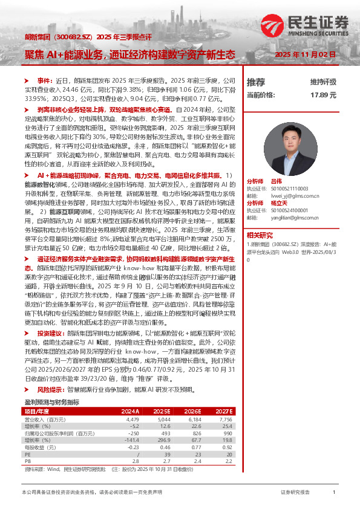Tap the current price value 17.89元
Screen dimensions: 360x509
coord(323,95)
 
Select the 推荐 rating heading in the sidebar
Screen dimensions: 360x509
coord(256,82)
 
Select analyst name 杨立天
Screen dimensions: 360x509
coord(278,203)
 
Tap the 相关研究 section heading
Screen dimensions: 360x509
coord(259,235)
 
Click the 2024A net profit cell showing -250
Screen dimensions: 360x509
coord(133,433)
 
